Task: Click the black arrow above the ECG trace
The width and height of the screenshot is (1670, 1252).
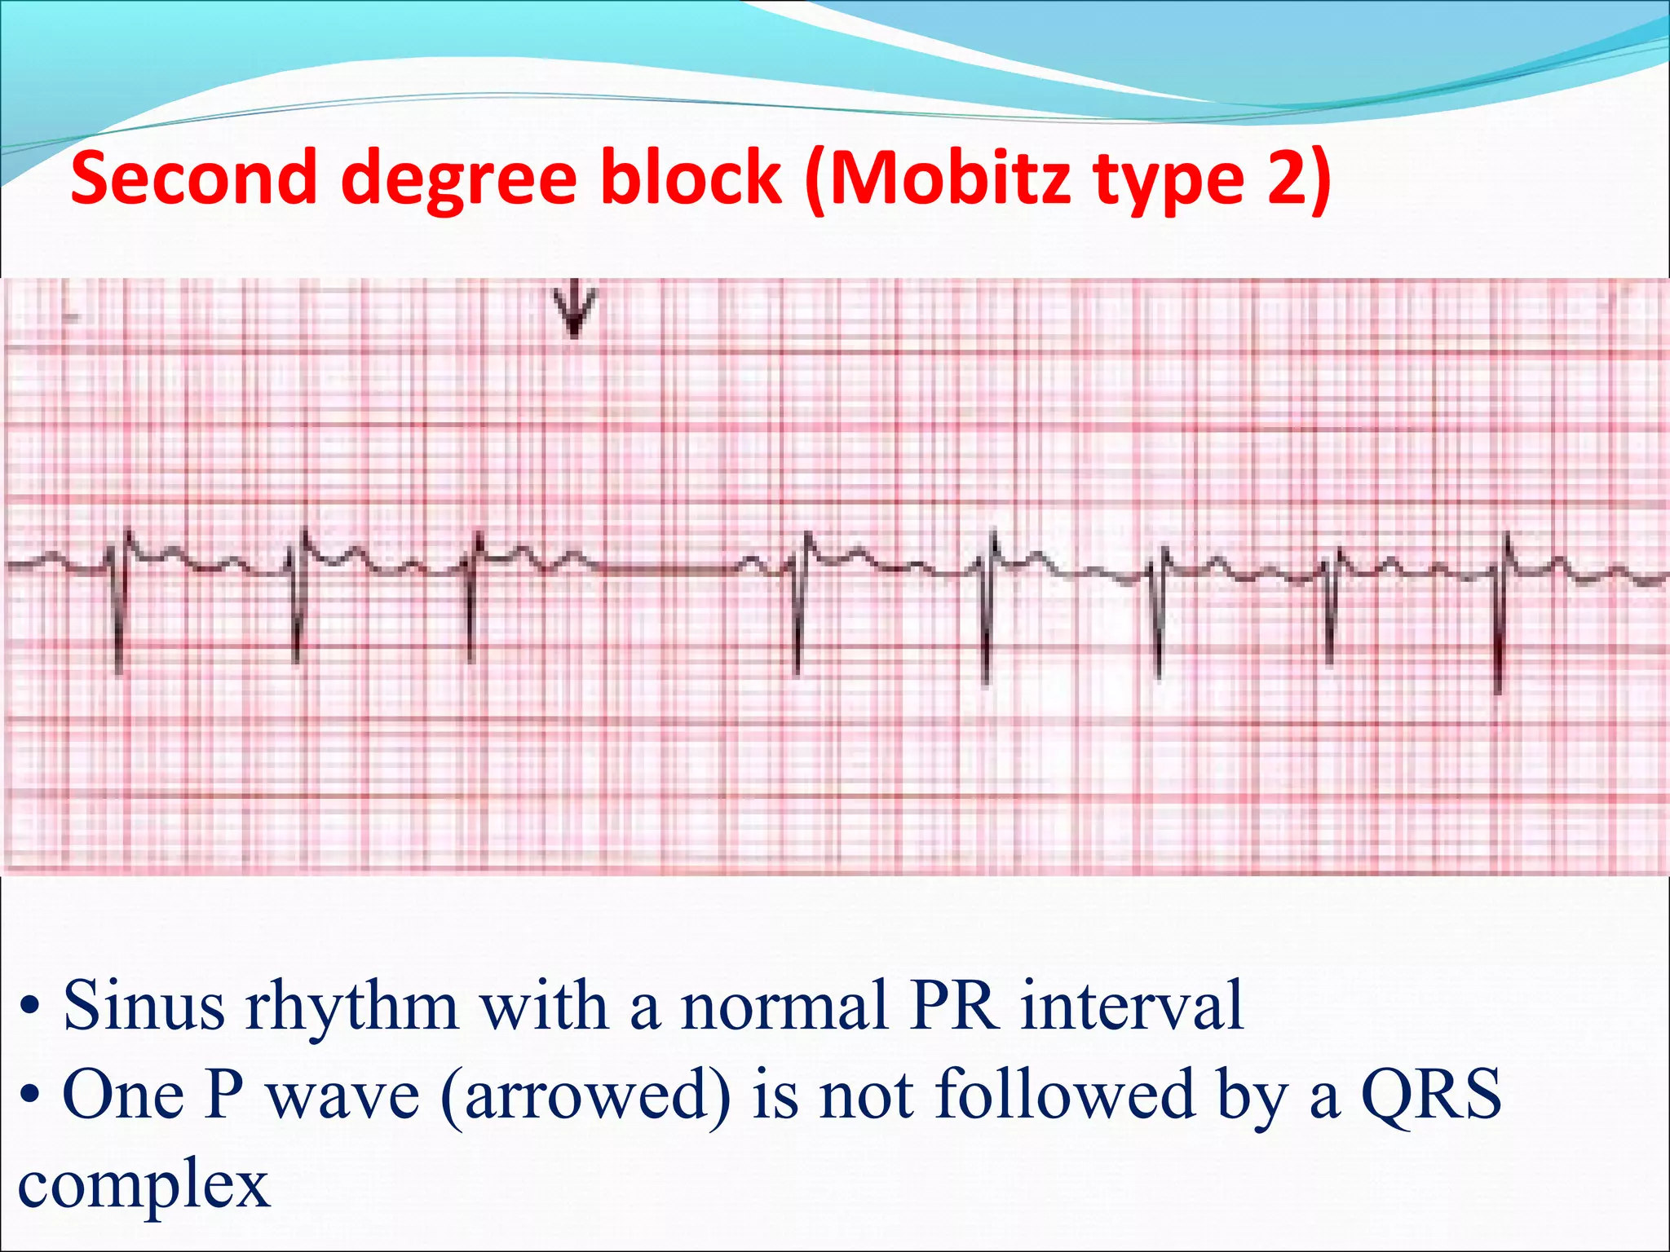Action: [575, 310]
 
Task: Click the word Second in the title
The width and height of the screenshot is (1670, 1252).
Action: [193, 178]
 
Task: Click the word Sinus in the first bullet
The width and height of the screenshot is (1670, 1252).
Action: [144, 1005]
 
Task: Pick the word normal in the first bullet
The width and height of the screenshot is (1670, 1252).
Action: [784, 1005]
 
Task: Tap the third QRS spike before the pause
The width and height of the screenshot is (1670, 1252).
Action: [471, 603]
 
